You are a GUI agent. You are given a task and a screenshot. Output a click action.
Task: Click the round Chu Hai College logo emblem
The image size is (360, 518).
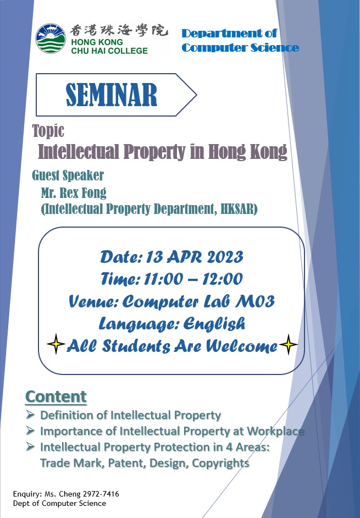click(51, 38)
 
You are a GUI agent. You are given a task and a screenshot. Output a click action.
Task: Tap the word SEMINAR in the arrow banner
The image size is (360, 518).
click(112, 95)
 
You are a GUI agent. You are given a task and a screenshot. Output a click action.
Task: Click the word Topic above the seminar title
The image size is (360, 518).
click(48, 131)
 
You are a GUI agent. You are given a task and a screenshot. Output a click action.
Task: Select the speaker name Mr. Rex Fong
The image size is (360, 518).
click(74, 192)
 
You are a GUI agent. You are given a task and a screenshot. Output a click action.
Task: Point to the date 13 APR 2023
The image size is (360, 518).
click(195, 257)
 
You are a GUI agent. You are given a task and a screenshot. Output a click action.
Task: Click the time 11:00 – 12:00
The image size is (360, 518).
click(193, 279)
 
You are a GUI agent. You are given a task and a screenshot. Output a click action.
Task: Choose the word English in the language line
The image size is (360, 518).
click(214, 324)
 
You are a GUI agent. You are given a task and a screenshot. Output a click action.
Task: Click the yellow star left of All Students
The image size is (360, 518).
click(56, 344)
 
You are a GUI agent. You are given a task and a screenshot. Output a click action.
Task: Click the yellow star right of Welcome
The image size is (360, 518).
click(289, 344)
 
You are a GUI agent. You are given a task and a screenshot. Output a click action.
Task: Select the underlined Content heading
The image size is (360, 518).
click(56, 397)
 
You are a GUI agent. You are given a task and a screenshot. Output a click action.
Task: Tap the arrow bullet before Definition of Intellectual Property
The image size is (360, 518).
click(30, 414)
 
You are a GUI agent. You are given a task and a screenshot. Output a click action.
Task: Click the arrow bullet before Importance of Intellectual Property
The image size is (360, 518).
click(30, 431)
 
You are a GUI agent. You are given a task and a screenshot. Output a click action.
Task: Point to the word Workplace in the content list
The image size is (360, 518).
click(275, 431)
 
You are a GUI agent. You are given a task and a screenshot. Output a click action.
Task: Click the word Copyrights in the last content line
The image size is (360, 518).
click(220, 463)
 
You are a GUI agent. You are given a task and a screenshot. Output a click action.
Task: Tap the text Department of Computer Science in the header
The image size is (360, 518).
click(240, 40)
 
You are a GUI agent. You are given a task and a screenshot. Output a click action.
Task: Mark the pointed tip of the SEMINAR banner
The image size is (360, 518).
click(197, 95)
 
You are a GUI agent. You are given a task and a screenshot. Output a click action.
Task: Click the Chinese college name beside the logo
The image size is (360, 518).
click(119, 31)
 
